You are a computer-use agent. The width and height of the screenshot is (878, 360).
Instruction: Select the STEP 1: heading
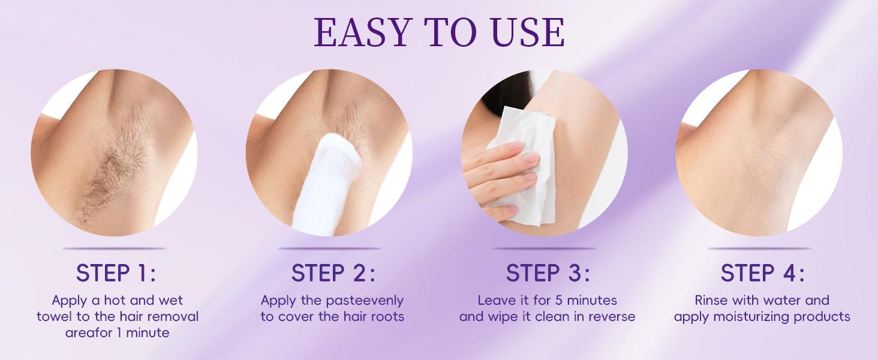tap(116, 273)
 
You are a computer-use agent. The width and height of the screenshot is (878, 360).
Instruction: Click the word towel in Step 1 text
tap(53, 316)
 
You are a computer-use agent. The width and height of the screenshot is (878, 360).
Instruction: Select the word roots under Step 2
tap(386, 316)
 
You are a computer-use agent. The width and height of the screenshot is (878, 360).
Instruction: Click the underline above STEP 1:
tap(115, 248)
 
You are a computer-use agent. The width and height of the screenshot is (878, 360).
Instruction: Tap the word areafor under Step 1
tap(88, 332)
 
